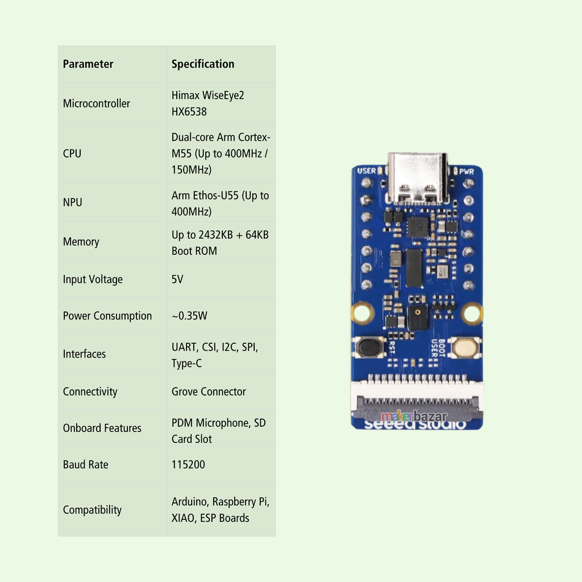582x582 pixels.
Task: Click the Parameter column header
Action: [88, 64]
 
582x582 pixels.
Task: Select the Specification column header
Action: [203, 64]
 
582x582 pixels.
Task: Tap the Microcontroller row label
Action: [97, 103]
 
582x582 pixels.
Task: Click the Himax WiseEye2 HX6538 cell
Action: [208, 103]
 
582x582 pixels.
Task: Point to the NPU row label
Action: [73, 202]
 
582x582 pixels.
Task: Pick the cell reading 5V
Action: [177, 280]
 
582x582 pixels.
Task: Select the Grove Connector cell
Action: [209, 392]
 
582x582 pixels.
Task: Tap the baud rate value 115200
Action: [188, 464]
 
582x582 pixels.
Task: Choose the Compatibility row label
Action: [92, 510]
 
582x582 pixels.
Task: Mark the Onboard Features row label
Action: [102, 428]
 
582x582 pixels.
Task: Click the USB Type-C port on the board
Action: [417, 177]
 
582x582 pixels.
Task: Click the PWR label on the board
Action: [467, 171]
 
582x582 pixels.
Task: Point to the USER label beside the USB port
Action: [367, 171]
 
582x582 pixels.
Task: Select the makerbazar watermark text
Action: [414, 417]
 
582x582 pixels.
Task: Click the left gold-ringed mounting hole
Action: [363, 313]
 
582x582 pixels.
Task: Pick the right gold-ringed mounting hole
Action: [472, 313]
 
